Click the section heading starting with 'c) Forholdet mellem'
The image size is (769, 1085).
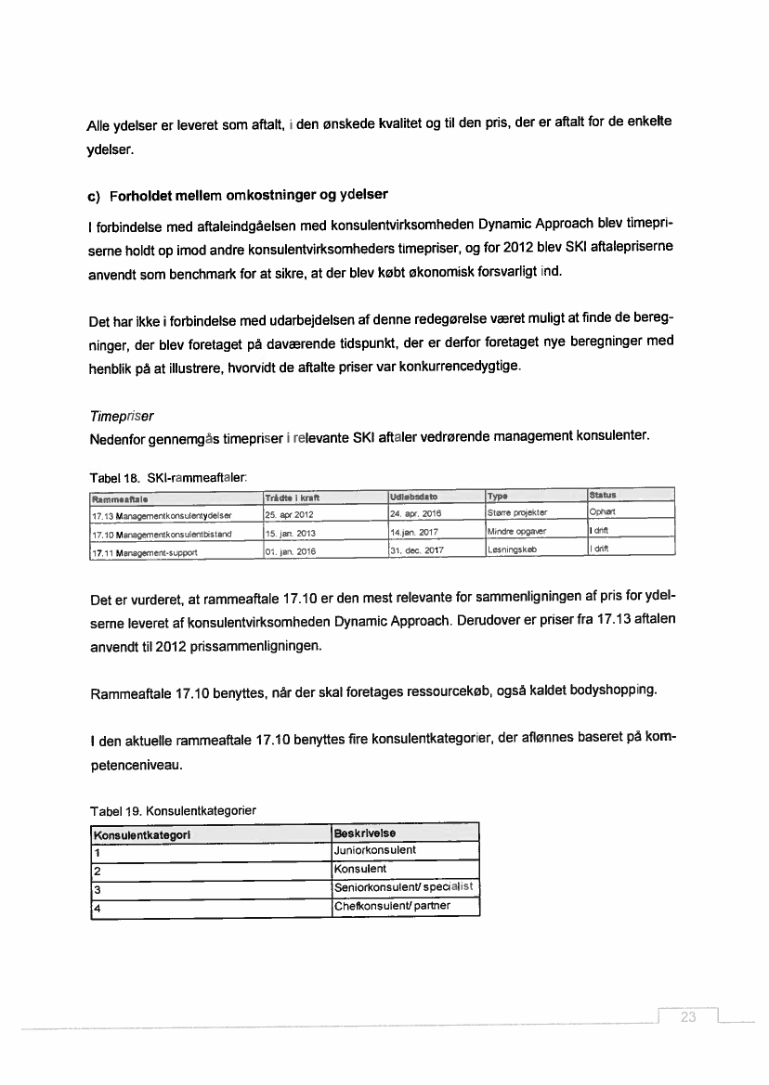pyautogui.click(x=238, y=196)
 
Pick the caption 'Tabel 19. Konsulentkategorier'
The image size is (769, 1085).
pyautogui.click(x=172, y=810)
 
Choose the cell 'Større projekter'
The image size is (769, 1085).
pyautogui.click(x=518, y=513)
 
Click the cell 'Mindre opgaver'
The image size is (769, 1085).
pyautogui.click(x=517, y=532)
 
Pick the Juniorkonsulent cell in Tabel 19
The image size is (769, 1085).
pyautogui.click(x=375, y=850)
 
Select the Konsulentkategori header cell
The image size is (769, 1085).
pyautogui.click(x=141, y=833)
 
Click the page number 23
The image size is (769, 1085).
pyautogui.click(x=688, y=1018)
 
